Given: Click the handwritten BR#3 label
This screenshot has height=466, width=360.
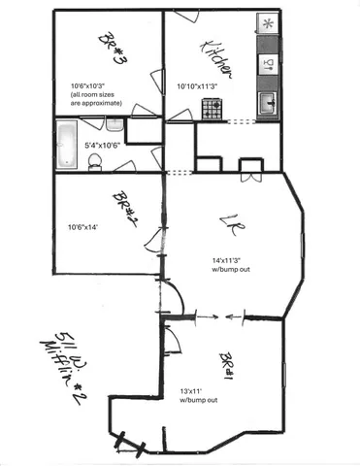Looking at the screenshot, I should [114, 48].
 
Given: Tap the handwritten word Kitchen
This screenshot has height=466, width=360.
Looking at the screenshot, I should [215, 57].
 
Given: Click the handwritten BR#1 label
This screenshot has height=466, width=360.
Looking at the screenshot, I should [229, 366].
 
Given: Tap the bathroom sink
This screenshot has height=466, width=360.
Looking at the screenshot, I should [115, 124].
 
